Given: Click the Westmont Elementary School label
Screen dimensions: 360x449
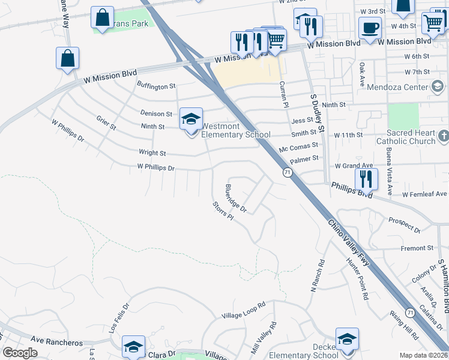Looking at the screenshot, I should click(x=236, y=131).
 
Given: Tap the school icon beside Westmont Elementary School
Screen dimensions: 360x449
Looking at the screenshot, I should click(x=191, y=119).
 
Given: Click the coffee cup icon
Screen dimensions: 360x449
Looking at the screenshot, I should click(x=370, y=27).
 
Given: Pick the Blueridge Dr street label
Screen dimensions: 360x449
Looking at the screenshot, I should click(x=236, y=198).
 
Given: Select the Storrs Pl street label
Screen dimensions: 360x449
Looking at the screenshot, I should click(x=222, y=210).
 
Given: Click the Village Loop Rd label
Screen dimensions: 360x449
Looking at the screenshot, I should click(x=243, y=311).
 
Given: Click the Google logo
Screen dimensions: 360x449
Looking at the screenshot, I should click(x=20, y=353).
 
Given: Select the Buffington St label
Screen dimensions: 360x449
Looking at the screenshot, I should click(x=156, y=87).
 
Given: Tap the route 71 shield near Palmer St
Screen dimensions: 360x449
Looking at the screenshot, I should click(x=288, y=173).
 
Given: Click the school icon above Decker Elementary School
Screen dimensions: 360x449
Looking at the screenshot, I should click(x=347, y=338).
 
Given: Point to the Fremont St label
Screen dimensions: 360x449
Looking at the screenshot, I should click(x=417, y=248).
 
